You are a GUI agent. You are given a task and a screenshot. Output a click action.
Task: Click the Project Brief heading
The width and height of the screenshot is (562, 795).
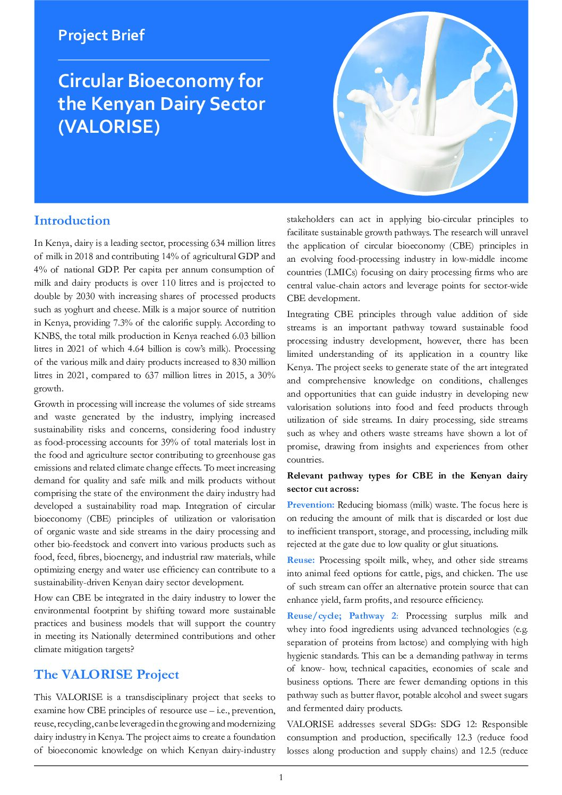pyautogui.click(x=101, y=35)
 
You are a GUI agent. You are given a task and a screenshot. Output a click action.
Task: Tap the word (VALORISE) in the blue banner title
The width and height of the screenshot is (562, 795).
pyautogui.click(x=108, y=126)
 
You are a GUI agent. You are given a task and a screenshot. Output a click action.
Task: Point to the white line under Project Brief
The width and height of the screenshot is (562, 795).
pyautogui.click(x=163, y=60)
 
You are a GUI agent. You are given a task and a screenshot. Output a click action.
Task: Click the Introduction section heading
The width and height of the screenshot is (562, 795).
pyautogui.click(x=72, y=220)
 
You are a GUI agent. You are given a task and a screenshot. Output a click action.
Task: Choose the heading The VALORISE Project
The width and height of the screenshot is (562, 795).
pyautogui.click(x=106, y=674)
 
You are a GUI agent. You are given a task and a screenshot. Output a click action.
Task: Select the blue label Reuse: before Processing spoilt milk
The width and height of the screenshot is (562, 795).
pyautogui.click(x=301, y=560)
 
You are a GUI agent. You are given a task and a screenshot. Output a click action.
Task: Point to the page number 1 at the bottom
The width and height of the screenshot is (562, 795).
pyautogui.click(x=281, y=778)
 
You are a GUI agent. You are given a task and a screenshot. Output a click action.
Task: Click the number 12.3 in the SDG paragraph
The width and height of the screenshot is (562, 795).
pyautogui.click(x=466, y=738)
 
